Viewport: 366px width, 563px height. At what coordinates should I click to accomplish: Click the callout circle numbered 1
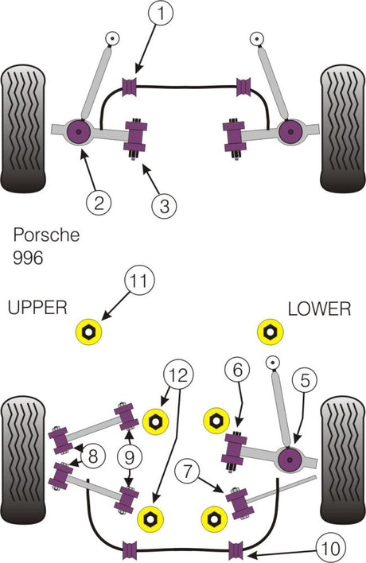[x=161, y=13]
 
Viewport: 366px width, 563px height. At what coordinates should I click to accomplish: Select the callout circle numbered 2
[x=99, y=202]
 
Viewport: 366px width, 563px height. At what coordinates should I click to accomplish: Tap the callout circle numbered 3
[x=164, y=206]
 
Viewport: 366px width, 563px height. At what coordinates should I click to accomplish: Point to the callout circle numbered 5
[x=305, y=380]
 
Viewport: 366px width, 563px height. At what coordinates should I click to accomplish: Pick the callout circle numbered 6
[x=238, y=370]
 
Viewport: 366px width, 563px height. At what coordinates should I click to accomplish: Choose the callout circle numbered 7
[x=188, y=471]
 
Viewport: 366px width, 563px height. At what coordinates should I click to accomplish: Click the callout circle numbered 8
[x=93, y=456]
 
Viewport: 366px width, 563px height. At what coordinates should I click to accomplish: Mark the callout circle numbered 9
[x=130, y=457]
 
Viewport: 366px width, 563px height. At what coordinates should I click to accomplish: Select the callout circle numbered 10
[x=330, y=548]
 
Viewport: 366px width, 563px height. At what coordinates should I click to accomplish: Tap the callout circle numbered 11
[x=139, y=281]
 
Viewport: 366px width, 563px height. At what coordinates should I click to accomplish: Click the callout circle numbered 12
[x=178, y=375]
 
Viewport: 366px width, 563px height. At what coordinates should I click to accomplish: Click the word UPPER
[x=37, y=308]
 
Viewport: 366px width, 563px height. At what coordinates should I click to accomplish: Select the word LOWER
[x=319, y=309]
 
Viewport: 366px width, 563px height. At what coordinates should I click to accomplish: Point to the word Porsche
[x=46, y=235]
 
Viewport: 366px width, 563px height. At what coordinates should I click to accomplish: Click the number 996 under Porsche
[x=28, y=257]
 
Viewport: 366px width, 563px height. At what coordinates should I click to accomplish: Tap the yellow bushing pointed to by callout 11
[x=89, y=332]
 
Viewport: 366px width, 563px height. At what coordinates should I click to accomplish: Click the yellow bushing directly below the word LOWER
[x=271, y=332]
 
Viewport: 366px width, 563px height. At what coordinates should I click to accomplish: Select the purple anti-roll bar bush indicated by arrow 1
[x=130, y=87]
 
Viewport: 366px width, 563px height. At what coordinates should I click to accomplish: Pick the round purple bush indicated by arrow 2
[x=80, y=132]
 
